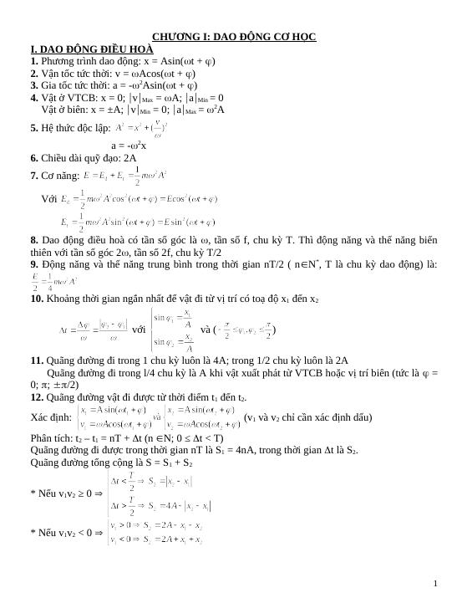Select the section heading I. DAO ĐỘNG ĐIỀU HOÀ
pos(91,49)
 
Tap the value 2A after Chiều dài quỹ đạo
pos(129,157)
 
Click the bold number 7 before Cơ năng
pos(33,176)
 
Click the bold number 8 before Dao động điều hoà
pos(33,239)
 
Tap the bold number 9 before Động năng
pos(33,264)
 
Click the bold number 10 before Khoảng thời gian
pos(36,299)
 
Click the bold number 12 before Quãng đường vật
pos(36,397)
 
